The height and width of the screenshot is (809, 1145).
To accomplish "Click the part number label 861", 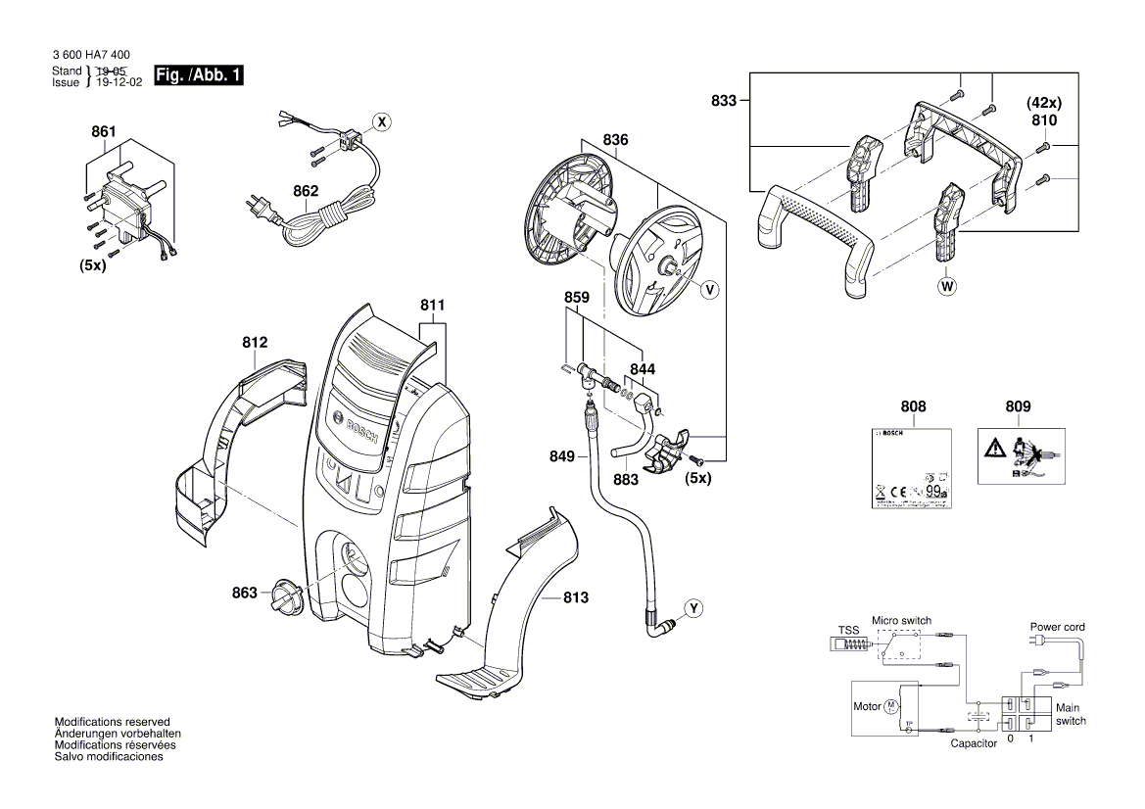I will [103, 132].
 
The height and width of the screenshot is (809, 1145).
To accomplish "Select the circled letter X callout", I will [383, 122].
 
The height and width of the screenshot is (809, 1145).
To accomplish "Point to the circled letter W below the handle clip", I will [946, 287].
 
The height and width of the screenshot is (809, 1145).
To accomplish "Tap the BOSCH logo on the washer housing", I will [360, 435].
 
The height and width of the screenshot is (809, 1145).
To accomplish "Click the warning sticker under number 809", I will [1018, 454].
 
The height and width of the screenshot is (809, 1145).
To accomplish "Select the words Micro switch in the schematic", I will [901, 621].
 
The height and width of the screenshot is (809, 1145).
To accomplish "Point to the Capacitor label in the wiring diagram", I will [975, 743].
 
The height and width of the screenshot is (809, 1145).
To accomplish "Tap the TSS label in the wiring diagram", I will [847, 630].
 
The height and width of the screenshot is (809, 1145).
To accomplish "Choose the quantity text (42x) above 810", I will [1043, 103].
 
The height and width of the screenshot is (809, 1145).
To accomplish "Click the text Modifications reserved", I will [112, 721].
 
